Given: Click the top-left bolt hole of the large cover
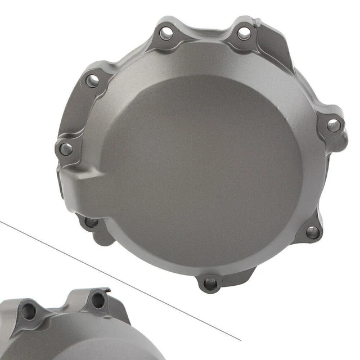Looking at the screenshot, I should pos(166,34).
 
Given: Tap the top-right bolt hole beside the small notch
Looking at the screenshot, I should pos(244,33).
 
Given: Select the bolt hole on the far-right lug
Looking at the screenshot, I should pos(334,125).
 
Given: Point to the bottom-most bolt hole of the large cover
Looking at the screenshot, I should pos(211,283).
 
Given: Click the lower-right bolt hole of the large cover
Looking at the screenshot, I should pos(312,232).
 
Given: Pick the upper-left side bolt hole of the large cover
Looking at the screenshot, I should pos(92,80).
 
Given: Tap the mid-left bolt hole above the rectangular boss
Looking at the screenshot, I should pos(66,149).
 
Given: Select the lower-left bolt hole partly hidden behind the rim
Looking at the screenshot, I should pos(90,223).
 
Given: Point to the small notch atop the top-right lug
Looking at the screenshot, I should pos(258,23).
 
